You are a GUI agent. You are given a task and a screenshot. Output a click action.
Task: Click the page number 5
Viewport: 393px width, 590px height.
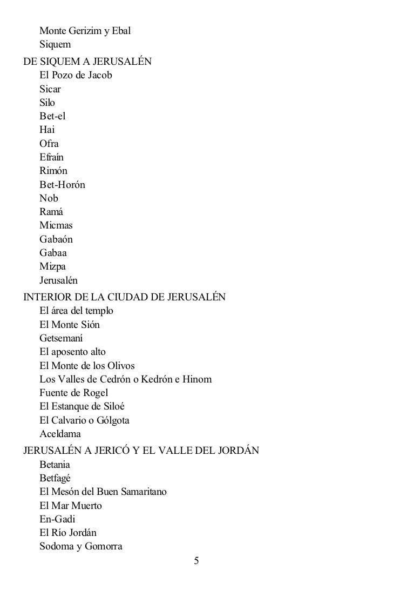[196, 561]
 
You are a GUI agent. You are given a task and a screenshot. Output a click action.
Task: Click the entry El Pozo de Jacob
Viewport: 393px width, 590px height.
[76, 75]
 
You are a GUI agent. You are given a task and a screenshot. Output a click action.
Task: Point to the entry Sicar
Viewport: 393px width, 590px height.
[50, 89]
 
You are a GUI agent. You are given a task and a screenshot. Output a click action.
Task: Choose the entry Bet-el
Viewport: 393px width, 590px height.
[52, 116]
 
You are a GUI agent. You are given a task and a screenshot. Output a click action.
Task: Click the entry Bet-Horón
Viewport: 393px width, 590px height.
[62, 185]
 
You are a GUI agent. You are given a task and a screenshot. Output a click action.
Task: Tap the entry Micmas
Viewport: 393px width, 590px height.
[56, 225]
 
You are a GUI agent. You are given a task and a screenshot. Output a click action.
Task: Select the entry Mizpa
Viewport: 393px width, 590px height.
[52, 266]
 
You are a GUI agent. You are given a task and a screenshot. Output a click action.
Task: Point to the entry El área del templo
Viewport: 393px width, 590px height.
[76, 311]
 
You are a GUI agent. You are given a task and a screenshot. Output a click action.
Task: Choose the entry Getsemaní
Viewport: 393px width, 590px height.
[61, 338]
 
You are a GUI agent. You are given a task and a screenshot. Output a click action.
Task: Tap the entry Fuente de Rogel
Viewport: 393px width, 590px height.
[74, 393]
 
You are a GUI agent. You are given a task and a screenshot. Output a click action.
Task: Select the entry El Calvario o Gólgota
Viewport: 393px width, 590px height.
[84, 420]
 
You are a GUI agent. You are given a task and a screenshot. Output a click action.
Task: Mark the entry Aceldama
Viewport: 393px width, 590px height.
[60, 434]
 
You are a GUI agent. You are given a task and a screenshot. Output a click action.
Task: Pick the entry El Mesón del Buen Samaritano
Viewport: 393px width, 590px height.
[103, 492]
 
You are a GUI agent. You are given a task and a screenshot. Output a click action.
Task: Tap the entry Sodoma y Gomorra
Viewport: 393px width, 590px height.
[81, 546]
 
